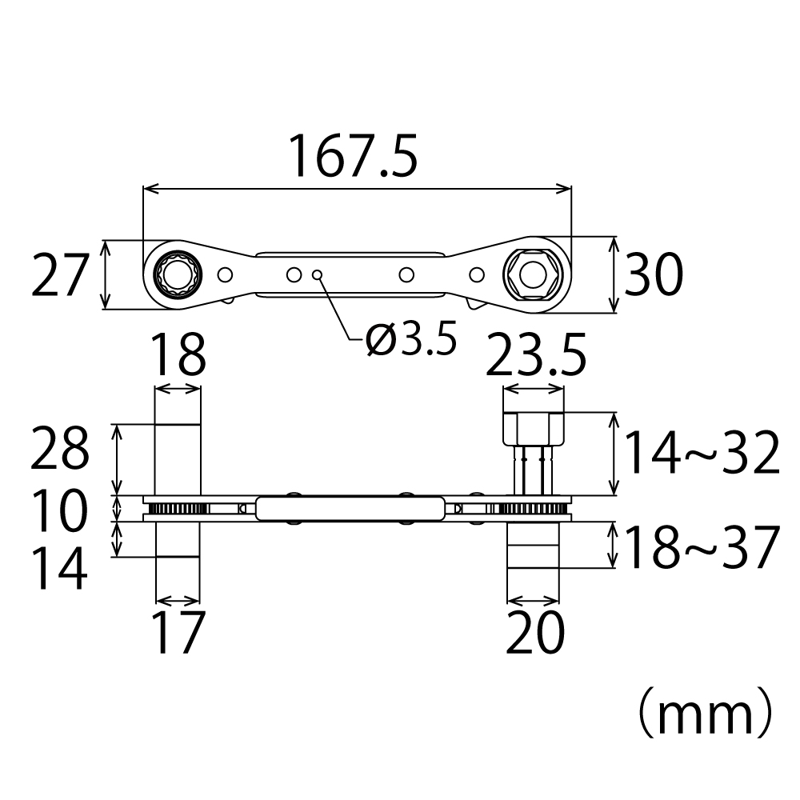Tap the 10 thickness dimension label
point(58,512)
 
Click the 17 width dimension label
point(177,634)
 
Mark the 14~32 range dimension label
point(701,453)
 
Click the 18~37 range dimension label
point(701,548)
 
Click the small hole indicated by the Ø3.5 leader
point(318,274)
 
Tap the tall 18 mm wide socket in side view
point(177,460)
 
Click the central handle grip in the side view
point(350,508)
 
